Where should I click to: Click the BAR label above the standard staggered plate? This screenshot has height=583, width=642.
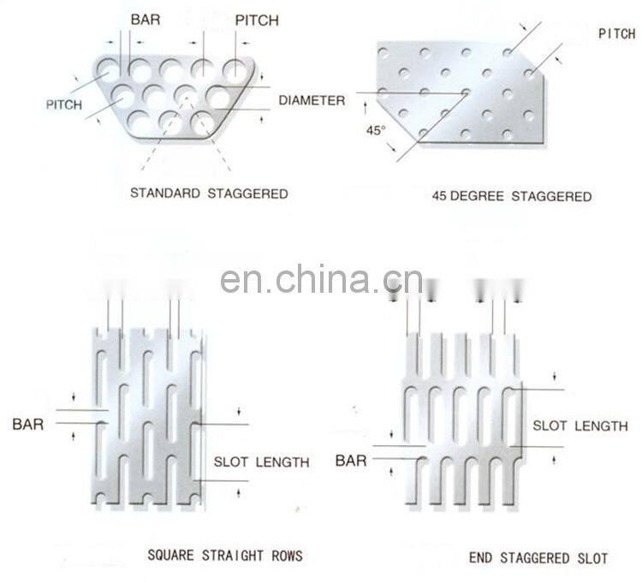pos(146,20)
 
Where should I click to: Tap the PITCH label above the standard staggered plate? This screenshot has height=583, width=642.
pos(257,21)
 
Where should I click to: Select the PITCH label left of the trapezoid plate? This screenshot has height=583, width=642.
pos(64,104)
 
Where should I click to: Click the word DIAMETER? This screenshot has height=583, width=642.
pos(312,100)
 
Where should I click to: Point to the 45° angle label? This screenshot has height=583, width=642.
pos(376,130)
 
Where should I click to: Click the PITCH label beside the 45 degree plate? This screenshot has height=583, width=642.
pos(617,33)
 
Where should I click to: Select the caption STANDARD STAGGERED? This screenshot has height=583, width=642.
pos(209,193)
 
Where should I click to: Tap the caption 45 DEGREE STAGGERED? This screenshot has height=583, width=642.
pos(512,196)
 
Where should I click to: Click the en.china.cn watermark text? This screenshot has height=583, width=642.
pos(321,279)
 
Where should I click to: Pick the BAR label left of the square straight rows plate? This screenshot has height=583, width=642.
pos(28,424)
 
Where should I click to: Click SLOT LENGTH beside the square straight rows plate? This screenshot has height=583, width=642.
pos(261,462)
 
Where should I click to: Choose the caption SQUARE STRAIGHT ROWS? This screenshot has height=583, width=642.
pos(225,555)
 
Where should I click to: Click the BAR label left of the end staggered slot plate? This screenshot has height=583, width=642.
pos(351,461)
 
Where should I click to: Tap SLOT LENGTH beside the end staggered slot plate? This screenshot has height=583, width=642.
pos(580,425)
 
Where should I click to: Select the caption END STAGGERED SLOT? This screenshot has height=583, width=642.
pos(538,558)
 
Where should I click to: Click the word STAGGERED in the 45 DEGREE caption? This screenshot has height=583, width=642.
pos(551,196)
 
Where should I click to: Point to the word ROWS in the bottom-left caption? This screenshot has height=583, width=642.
pos(287,555)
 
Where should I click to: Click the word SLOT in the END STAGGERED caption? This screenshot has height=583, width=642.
pos(592,558)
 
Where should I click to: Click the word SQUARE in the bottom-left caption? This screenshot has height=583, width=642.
pos(170,555)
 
